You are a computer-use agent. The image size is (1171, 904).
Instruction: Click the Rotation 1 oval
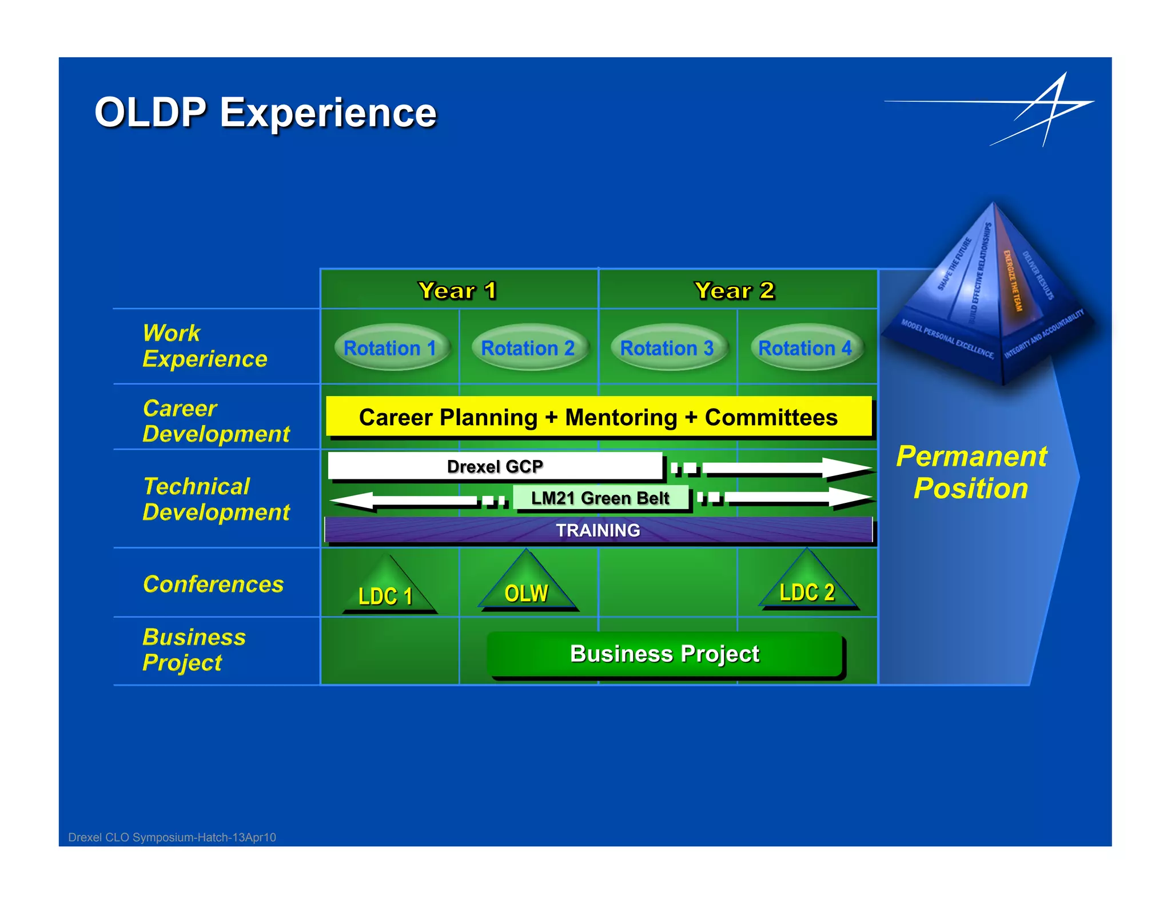[x=391, y=347]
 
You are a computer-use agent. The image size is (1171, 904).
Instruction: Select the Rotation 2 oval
[x=528, y=347]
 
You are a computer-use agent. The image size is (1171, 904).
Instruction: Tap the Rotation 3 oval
[x=667, y=347]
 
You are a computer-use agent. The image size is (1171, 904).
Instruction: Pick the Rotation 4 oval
[x=805, y=347]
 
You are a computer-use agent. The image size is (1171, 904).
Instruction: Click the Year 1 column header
[x=458, y=290]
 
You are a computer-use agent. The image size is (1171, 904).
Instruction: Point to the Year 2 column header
[x=735, y=290]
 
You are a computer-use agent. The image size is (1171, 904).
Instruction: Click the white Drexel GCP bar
[x=495, y=466]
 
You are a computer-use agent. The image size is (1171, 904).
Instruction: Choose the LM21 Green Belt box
[x=600, y=498]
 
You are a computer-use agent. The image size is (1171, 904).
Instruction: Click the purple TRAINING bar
[x=598, y=530]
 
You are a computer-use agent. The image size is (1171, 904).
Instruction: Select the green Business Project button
[x=665, y=654]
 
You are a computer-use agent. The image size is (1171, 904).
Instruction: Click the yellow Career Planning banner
[x=598, y=417]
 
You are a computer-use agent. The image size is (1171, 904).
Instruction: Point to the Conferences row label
[x=213, y=584]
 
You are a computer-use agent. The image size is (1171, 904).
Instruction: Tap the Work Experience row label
[x=205, y=346]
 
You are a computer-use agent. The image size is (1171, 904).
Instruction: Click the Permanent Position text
[x=971, y=472]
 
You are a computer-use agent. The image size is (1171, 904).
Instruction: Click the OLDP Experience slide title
[x=265, y=113]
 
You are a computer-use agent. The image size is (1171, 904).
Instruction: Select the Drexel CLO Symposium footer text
[x=172, y=837]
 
